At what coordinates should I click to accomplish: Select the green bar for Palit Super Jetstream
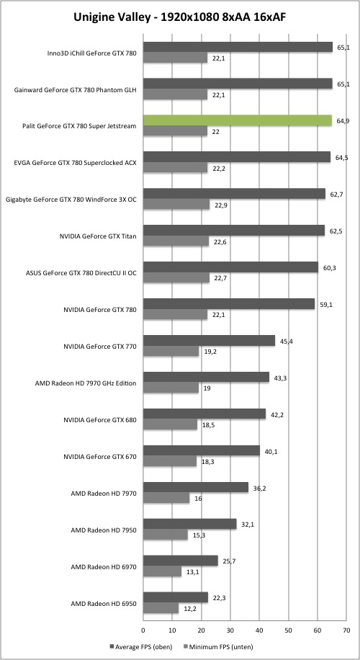[x=238, y=120]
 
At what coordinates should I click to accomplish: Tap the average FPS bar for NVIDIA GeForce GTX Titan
[x=234, y=231]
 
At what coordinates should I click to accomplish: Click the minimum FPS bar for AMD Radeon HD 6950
[x=161, y=608]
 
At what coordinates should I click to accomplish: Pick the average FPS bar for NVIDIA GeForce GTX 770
[x=209, y=341]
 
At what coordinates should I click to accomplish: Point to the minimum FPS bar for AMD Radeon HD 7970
[x=166, y=498]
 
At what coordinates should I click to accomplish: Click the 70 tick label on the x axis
[x=346, y=630]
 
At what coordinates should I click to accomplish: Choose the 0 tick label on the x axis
[x=143, y=630]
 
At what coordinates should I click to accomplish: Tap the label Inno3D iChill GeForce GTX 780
[x=91, y=53]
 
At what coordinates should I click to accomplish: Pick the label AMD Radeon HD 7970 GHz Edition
[x=86, y=383]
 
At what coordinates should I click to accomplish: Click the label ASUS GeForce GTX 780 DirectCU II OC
[x=81, y=274]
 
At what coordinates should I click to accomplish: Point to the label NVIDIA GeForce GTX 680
[x=99, y=420]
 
